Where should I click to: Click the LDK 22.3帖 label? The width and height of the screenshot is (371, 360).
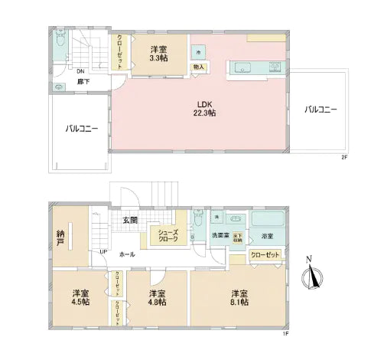tap(204, 110)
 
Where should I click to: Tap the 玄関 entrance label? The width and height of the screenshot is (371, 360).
tap(130, 221)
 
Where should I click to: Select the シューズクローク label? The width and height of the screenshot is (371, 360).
tap(168, 235)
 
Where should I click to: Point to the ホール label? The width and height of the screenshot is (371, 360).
tap(127, 254)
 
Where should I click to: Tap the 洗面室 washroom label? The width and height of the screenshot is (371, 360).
tap(220, 235)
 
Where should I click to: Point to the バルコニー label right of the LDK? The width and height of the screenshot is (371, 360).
tap(321, 110)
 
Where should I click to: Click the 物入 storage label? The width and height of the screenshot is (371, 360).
tap(199, 67)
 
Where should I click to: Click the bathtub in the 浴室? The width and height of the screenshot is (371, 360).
tap(268, 222)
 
